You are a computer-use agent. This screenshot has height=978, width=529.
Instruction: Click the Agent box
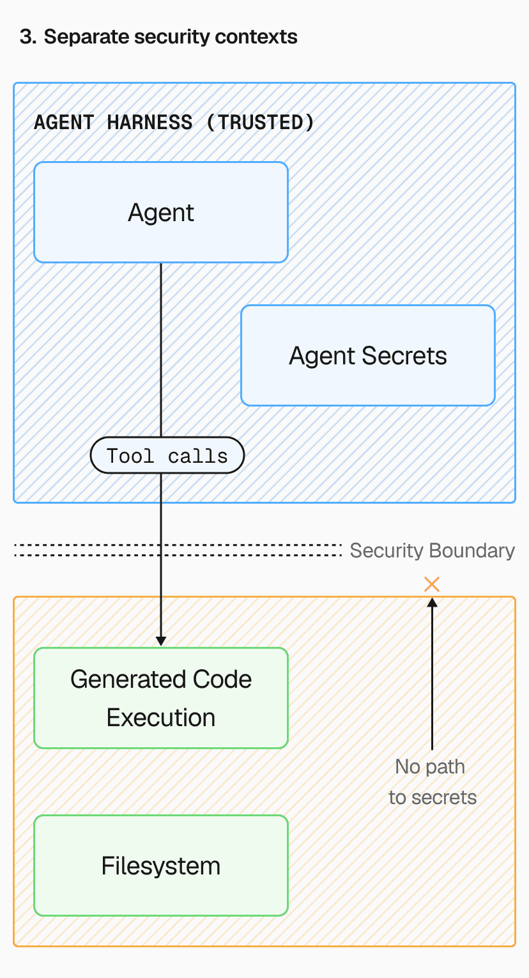(160, 212)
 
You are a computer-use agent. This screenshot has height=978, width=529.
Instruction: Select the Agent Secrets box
(367, 355)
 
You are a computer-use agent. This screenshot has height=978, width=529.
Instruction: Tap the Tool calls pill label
(167, 456)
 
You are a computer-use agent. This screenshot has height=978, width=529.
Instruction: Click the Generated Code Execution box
(160, 698)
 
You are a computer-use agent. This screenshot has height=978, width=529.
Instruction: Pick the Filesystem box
(160, 865)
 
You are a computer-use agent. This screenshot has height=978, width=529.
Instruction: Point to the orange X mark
(432, 584)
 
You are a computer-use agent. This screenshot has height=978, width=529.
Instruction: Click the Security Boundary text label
(432, 550)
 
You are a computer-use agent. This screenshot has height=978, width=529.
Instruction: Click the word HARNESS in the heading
(149, 122)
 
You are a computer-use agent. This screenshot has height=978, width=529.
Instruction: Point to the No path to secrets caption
(432, 782)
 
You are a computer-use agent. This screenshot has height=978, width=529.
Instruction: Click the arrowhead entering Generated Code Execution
(160, 641)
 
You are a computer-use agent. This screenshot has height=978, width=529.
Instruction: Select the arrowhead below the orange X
(432, 602)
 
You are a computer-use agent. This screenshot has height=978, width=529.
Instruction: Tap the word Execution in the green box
(160, 717)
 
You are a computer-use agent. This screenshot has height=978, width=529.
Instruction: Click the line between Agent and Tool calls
(160, 348)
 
